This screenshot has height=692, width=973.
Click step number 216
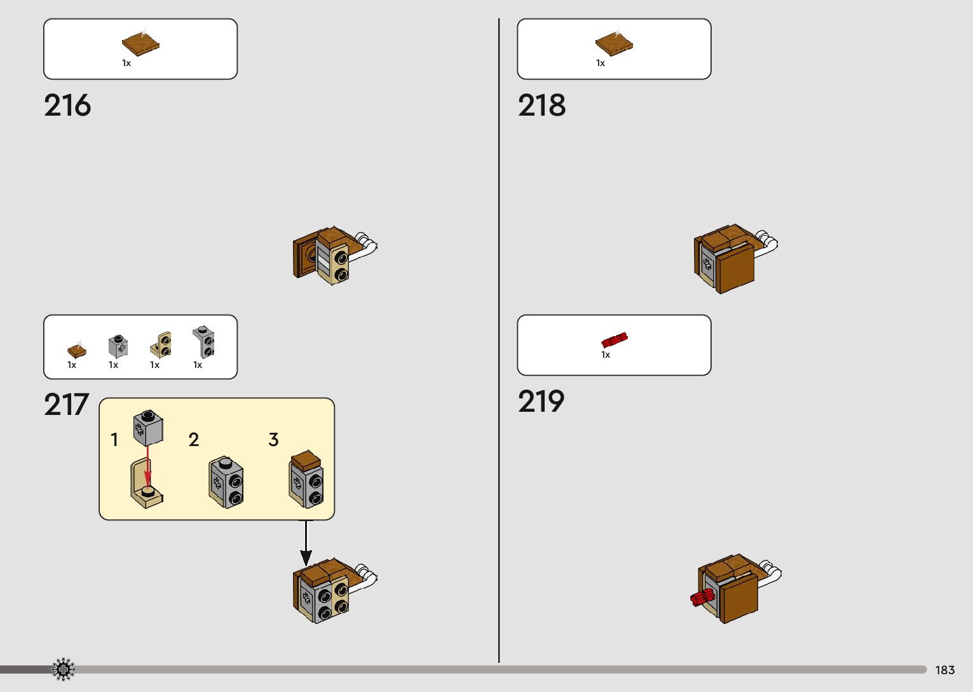click(67, 105)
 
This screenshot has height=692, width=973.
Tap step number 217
click(66, 405)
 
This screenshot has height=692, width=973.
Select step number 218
click(541, 105)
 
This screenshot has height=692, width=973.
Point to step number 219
click(541, 402)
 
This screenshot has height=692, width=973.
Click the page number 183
click(944, 670)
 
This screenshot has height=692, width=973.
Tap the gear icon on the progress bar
click(63, 670)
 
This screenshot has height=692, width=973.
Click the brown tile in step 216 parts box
click(140, 43)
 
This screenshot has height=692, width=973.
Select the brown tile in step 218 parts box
click(614, 43)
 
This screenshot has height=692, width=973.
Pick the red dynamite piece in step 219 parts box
click(615, 339)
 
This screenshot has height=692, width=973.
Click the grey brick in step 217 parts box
click(118, 346)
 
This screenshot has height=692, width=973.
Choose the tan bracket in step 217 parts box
click(161, 344)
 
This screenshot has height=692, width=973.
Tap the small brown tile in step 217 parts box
click(77, 349)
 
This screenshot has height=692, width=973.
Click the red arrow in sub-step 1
click(147, 467)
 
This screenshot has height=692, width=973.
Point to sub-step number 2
click(194, 440)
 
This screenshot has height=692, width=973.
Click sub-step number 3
click(273, 440)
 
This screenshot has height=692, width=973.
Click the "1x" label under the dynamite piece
click(606, 355)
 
